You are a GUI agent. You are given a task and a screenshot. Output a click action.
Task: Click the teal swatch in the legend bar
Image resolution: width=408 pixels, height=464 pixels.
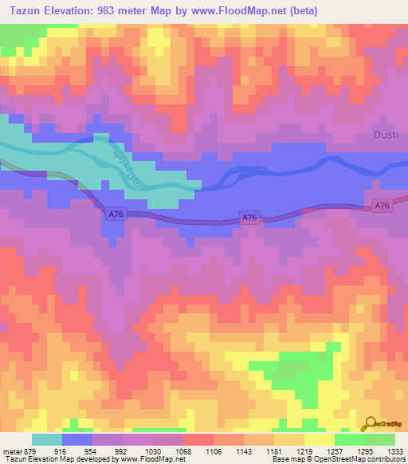pyautogui.click(x=46, y=438)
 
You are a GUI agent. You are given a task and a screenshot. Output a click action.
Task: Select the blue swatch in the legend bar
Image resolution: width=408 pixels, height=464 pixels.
pyautogui.click(x=76, y=438)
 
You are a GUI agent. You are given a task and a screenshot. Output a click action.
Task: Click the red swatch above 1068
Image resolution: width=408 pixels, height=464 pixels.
pyautogui.click(x=198, y=438)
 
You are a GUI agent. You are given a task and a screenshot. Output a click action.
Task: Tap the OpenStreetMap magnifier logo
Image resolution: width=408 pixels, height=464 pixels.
pyautogui.click(x=371, y=423)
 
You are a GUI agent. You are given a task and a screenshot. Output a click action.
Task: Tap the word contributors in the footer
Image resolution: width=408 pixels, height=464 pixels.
pyautogui.click(x=386, y=459)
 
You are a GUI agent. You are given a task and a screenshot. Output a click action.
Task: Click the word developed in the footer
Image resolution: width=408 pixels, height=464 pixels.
pyautogui.click(x=88, y=459)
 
